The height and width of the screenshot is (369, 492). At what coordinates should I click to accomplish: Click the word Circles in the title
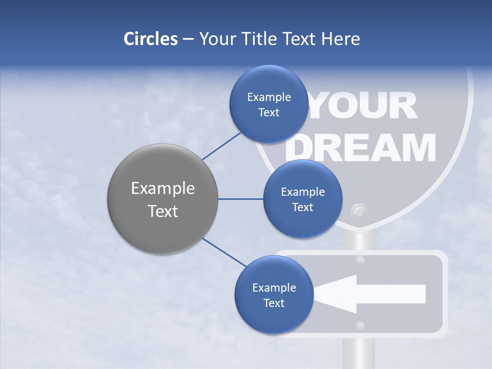[x=150, y=39]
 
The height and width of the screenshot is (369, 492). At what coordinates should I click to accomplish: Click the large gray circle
[x=162, y=199]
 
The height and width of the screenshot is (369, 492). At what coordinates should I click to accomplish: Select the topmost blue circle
[x=269, y=104]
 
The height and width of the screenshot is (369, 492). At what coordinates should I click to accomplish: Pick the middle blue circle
[x=302, y=199]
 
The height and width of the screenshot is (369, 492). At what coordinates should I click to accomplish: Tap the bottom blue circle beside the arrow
[x=274, y=295]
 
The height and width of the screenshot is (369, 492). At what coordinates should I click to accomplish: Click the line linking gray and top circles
[x=221, y=146]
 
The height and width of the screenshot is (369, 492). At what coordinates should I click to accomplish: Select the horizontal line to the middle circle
[x=241, y=199]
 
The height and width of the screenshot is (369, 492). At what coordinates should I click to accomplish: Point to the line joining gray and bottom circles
[x=224, y=252]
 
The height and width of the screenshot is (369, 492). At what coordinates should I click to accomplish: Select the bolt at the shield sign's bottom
[x=359, y=211]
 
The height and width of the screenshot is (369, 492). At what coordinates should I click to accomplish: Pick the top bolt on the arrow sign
[x=360, y=260]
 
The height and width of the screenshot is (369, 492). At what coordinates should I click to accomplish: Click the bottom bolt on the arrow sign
[x=360, y=325]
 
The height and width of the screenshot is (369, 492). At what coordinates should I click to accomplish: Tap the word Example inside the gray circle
[x=162, y=189]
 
